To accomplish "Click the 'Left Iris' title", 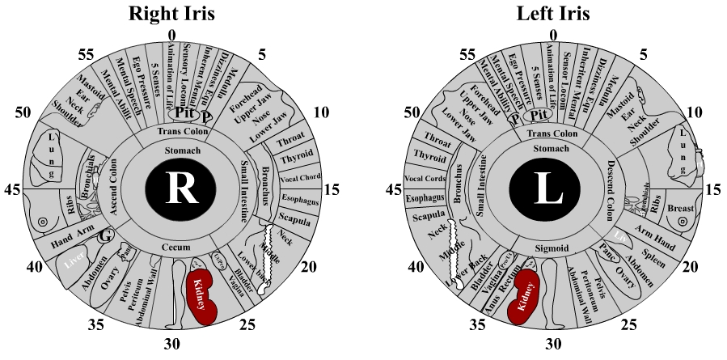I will pos(553,13).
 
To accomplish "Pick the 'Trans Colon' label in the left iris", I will pos(553,132).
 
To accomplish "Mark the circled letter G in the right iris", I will pos(104,236).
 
